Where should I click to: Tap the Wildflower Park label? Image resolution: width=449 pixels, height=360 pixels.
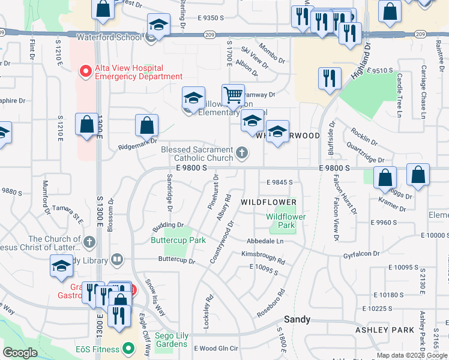286,221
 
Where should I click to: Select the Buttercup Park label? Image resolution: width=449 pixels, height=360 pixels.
178,240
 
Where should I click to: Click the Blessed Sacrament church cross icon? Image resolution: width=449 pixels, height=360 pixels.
242,153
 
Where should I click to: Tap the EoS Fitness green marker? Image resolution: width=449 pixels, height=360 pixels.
127,348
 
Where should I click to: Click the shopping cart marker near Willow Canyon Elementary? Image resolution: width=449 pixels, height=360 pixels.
233,95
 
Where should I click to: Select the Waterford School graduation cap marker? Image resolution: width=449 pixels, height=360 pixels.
159,25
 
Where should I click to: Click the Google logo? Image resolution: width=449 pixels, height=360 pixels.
20,353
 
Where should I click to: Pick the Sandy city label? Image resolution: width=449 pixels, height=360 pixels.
297,320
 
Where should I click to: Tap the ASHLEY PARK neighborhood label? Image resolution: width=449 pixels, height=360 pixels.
393,330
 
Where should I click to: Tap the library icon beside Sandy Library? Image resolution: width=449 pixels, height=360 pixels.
118,260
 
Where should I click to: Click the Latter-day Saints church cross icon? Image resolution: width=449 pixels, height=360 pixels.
89,242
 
